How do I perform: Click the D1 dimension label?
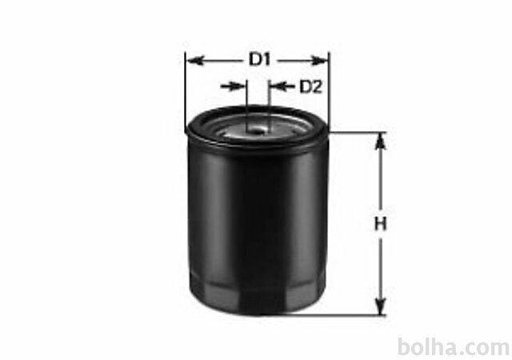(x=259, y=60)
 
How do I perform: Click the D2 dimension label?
(x=311, y=86)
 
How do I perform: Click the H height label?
(x=380, y=224)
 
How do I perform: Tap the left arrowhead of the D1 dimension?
(x=195, y=61)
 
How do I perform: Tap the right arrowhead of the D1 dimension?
(x=319, y=61)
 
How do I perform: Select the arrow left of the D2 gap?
(x=233, y=86)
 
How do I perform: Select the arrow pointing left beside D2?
(x=282, y=86)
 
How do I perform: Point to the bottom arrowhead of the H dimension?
(x=380, y=306)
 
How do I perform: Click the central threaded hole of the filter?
(x=257, y=131)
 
